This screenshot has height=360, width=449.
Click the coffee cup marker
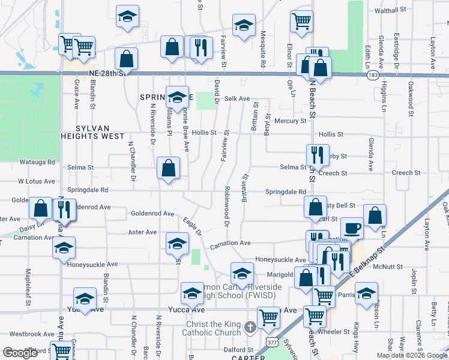[352, 228]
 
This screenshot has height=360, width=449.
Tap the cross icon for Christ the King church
[251, 328]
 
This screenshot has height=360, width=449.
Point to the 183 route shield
[373, 75]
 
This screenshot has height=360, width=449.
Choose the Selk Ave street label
[237, 98]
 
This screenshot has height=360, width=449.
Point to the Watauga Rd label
[37, 162]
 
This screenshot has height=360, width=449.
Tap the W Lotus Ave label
[37, 181]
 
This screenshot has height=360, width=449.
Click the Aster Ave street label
[143, 232]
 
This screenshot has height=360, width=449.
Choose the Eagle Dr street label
[191, 226]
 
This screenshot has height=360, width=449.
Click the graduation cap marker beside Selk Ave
[177, 98]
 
